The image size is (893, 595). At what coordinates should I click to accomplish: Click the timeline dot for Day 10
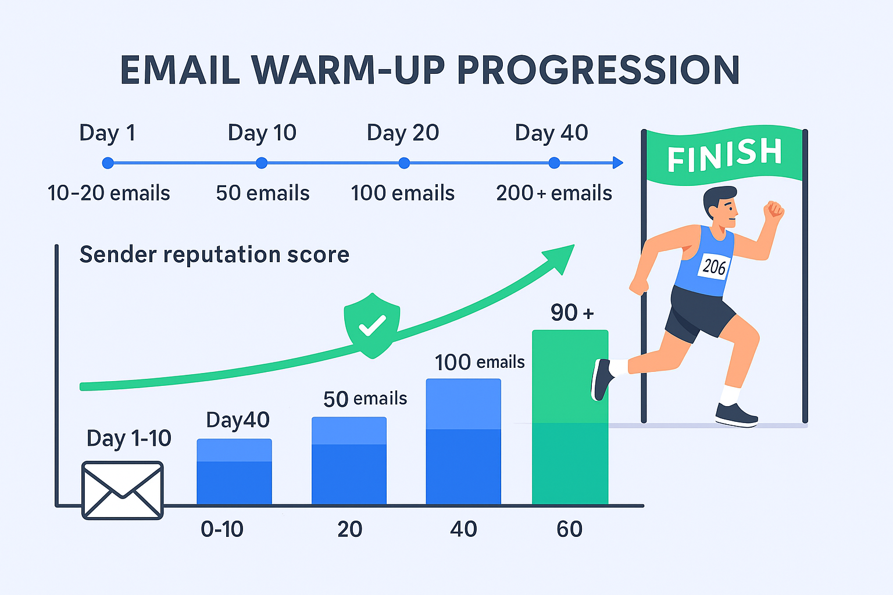(262, 163)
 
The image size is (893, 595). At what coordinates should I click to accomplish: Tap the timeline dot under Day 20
(404, 163)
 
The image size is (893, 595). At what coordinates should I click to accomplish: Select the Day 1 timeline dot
(108, 163)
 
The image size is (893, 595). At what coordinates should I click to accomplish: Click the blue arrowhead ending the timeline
(617, 163)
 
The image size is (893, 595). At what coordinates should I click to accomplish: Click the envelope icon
(123, 490)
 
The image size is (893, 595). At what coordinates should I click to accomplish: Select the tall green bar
(570, 417)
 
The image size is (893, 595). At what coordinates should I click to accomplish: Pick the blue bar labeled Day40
(234, 472)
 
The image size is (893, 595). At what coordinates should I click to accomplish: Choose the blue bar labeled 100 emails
(463, 442)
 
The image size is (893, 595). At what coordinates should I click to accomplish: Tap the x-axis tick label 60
(570, 529)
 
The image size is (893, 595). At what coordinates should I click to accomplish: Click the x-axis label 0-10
(222, 529)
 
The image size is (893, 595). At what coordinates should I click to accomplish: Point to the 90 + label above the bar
(572, 313)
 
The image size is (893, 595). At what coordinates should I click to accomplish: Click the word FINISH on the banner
(724, 154)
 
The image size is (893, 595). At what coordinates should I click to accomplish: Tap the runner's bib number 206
(714, 267)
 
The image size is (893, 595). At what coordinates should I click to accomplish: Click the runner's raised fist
(773, 210)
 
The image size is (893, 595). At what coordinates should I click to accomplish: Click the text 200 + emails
(553, 193)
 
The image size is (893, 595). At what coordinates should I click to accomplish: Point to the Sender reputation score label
(215, 255)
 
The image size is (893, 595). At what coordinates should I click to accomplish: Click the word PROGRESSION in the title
(598, 70)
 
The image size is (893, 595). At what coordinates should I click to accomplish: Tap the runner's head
(721, 206)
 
